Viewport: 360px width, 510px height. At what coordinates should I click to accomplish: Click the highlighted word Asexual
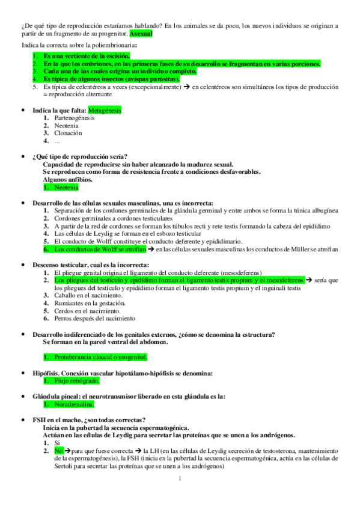141,34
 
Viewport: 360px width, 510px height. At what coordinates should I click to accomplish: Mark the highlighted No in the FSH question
58,450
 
